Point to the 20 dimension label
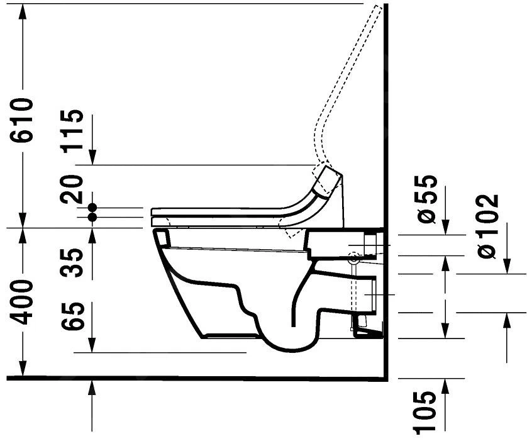pyautogui.click(x=73, y=188)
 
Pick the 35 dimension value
pyautogui.click(x=73, y=264)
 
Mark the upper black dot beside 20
pyautogui.click(x=92, y=207)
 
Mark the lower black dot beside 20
pyautogui.click(x=92, y=217)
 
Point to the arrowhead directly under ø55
pyautogui.click(x=446, y=228)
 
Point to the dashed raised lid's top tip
pyautogui.click(x=377, y=8)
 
